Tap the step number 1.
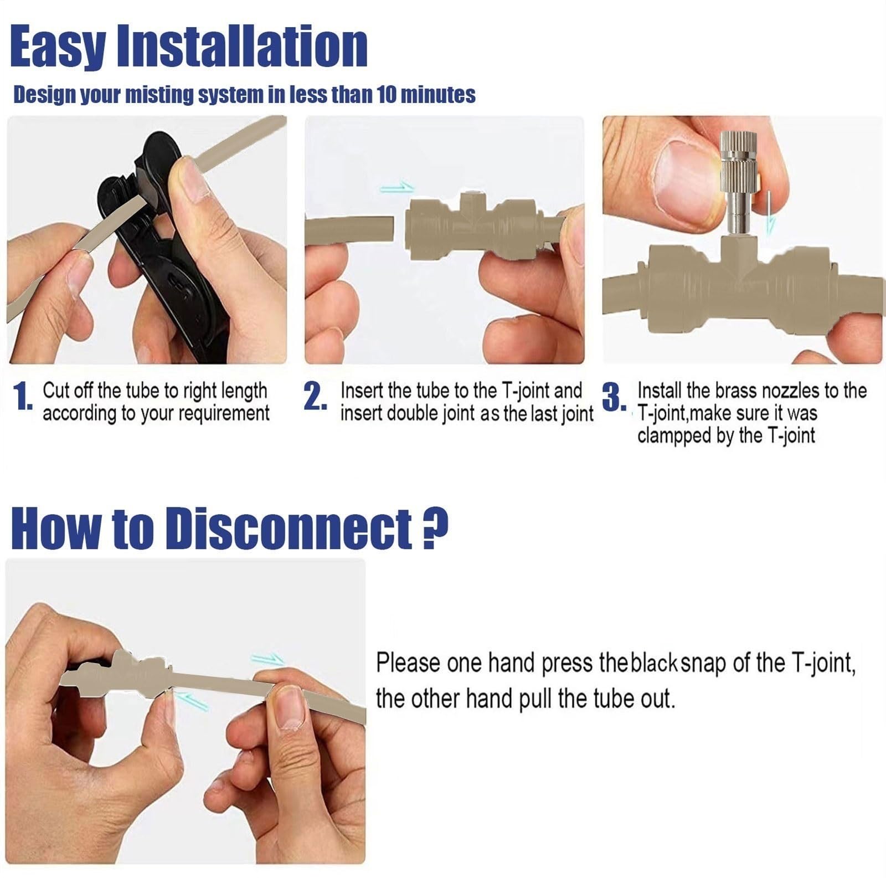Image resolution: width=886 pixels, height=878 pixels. pyautogui.click(x=23, y=398)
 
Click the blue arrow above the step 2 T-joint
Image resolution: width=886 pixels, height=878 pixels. pyautogui.click(x=397, y=188)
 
